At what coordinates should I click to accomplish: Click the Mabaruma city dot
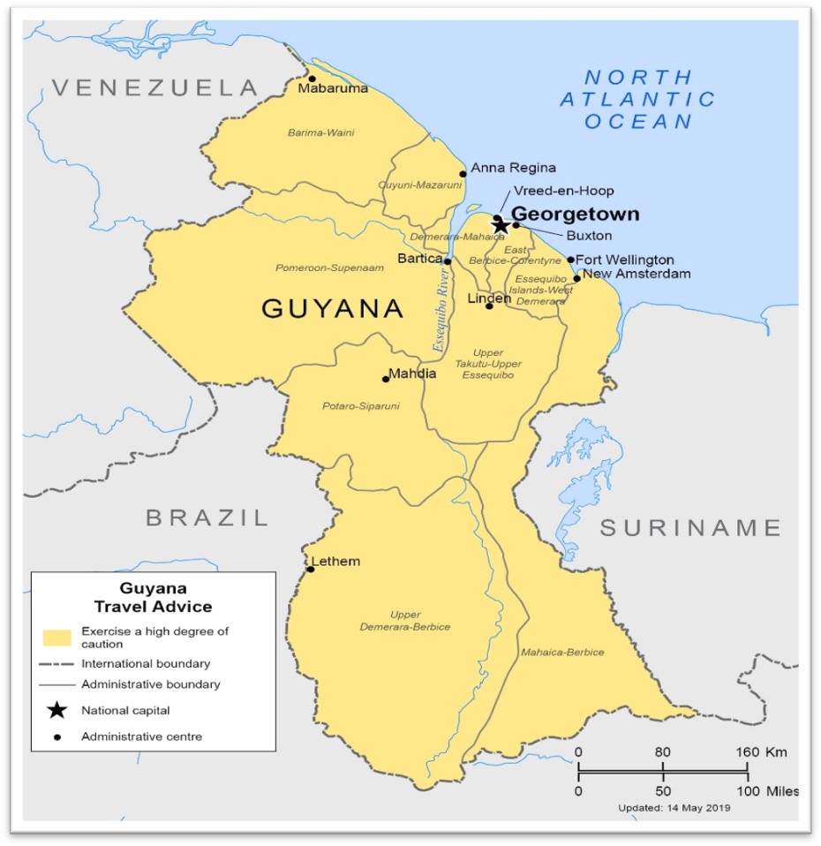(x=312, y=79)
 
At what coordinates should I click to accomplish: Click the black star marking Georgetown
(x=500, y=226)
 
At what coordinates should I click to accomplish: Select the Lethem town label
(x=335, y=562)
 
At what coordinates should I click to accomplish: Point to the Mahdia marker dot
(x=386, y=379)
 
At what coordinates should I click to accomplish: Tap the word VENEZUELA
(x=154, y=87)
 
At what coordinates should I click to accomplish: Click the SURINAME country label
(x=690, y=528)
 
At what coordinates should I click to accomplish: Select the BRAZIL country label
(x=207, y=517)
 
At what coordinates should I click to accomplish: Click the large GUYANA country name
(x=333, y=309)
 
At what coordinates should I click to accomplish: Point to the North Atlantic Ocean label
(x=637, y=99)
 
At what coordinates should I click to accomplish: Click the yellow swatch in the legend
(x=55, y=638)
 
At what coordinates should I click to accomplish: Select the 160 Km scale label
(x=765, y=752)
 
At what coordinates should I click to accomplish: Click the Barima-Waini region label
(x=320, y=132)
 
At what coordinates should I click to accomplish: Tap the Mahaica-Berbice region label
(x=562, y=653)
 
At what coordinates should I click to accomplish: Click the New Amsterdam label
(x=636, y=274)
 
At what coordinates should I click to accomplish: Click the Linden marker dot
(x=489, y=306)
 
